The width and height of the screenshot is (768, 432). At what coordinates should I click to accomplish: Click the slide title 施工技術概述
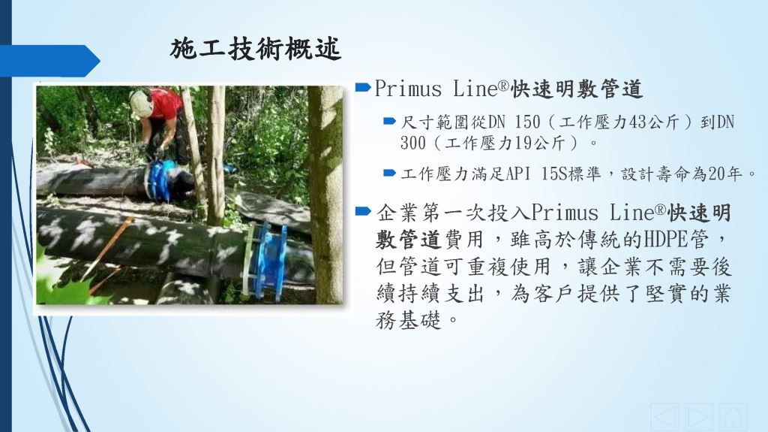(255, 49)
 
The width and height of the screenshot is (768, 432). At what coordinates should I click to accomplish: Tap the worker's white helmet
(142, 103)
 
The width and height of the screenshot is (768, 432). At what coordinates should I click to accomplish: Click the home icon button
(733, 417)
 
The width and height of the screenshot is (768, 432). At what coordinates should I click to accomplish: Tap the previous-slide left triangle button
(664, 417)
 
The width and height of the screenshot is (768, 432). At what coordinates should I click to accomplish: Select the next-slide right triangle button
(698, 417)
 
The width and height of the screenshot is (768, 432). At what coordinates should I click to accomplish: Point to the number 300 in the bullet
(413, 143)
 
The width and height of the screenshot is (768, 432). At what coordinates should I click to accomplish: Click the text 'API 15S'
(535, 174)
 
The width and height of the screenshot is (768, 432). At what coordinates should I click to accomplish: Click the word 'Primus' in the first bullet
(409, 89)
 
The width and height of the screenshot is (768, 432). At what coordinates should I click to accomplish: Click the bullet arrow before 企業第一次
(364, 212)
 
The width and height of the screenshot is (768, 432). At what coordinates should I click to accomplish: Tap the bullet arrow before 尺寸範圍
(389, 121)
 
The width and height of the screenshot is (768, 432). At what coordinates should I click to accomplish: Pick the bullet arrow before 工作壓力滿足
(389, 173)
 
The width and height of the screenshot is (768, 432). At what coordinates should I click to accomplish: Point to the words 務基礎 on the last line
(409, 321)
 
